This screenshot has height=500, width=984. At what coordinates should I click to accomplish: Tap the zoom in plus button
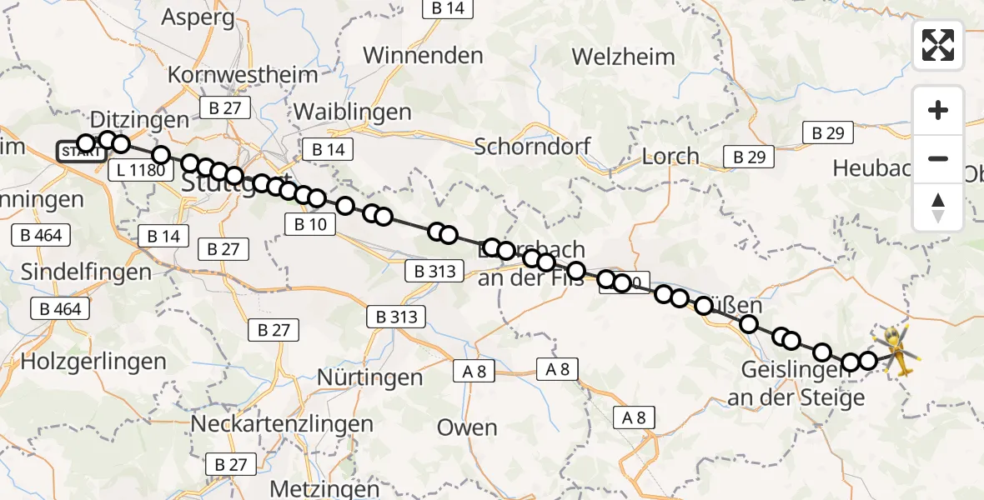pyautogui.click(x=938, y=110)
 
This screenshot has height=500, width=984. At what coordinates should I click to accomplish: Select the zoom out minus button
pyautogui.click(x=938, y=158)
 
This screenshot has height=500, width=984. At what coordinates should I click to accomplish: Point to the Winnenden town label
pyautogui.click(x=423, y=56)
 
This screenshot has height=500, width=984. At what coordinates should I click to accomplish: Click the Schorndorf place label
pyautogui.click(x=533, y=147)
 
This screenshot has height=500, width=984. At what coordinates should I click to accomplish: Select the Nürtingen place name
pyautogui.click(x=370, y=377)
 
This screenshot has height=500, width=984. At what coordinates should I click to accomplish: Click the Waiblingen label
pyautogui.click(x=353, y=112)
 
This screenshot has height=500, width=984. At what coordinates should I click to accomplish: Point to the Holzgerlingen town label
pyautogui.click(x=93, y=362)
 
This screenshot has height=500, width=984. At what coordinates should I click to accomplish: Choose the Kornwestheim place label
pyautogui.click(x=243, y=75)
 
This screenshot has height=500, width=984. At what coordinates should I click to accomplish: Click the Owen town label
pyautogui.click(x=467, y=427)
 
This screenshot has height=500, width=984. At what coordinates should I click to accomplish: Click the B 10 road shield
pyautogui.click(x=309, y=223)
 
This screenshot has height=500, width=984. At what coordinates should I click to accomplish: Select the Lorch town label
pyautogui.click(x=670, y=156)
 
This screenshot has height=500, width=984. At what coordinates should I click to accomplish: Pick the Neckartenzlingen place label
pyautogui.click(x=282, y=423)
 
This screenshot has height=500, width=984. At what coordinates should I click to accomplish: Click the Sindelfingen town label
pyautogui.click(x=86, y=272)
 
